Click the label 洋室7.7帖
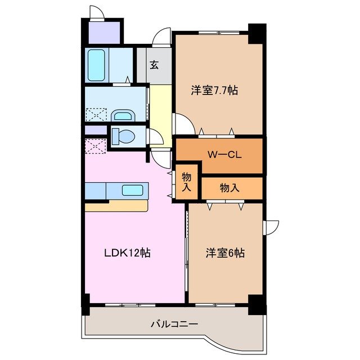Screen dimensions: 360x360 [x=214, y=90]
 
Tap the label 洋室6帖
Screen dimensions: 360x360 [x=224, y=253]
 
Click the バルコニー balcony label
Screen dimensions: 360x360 [x=174, y=325]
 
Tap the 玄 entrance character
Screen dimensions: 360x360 [x=154, y=64]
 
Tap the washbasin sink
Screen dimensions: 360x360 [x=123, y=116]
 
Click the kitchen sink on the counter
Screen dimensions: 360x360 [x=132, y=190]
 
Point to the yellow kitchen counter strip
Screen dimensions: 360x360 [x=115, y=206]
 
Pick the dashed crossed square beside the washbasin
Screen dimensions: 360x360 [x=94, y=115]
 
